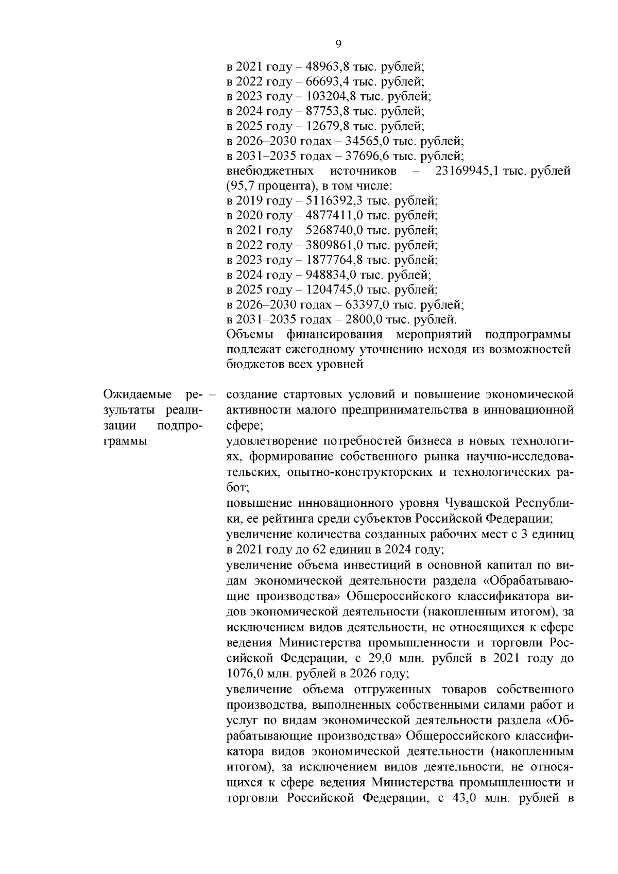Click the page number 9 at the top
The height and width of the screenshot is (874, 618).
pyautogui.click(x=338, y=44)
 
